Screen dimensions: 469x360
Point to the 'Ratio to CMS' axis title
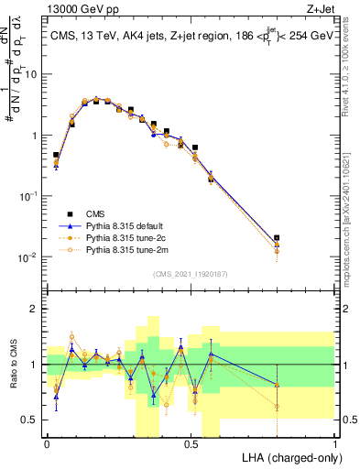tap(14, 375)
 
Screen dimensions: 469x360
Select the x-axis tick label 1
tap(335, 443)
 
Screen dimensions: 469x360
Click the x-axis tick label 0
tap(46, 443)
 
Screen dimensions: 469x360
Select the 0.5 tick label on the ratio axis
tap(33, 420)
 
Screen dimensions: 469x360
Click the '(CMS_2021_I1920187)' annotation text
tap(190, 272)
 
